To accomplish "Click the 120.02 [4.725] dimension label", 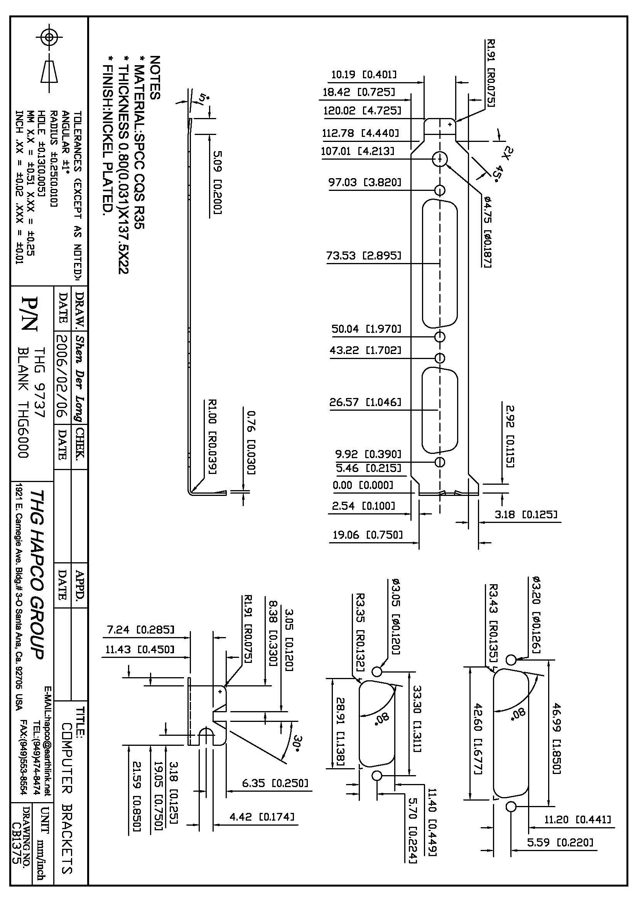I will pos(362,111).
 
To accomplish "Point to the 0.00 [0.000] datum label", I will pos(363,485).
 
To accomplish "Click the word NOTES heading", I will pos(155,78).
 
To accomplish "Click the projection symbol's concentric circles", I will pos(49,38).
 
